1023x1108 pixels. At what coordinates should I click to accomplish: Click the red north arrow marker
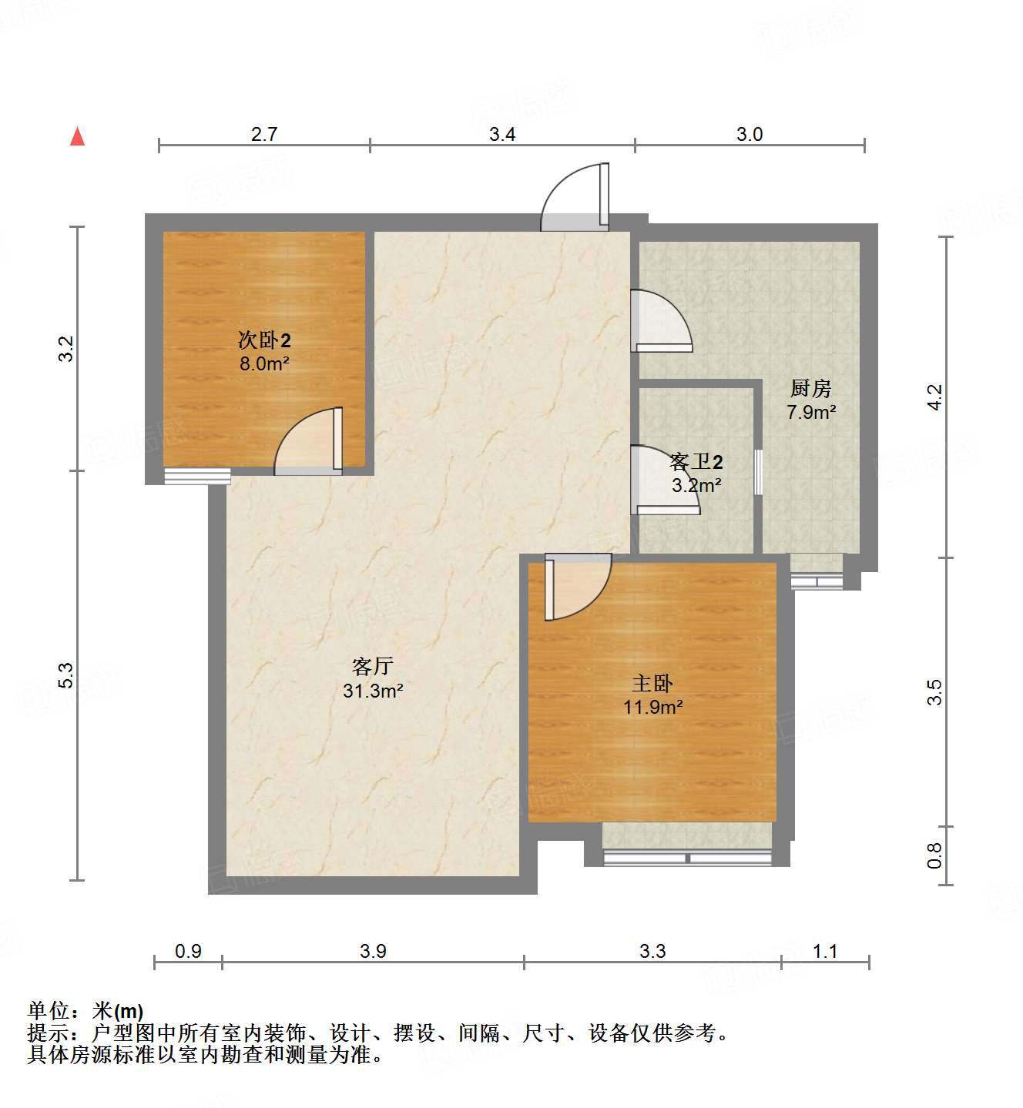pyautogui.click(x=77, y=136)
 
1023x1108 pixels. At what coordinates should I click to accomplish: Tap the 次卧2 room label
pyautogui.click(x=264, y=340)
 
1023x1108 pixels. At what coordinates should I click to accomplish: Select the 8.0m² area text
pyautogui.click(x=264, y=364)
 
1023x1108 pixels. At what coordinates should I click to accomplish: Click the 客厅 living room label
pyautogui.click(x=373, y=667)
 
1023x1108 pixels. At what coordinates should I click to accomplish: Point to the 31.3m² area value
pyautogui.click(x=373, y=691)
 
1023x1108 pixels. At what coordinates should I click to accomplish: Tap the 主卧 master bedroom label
pyautogui.click(x=652, y=683)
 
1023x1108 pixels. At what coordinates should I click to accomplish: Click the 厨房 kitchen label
pyautogui.click(x=811, y=388)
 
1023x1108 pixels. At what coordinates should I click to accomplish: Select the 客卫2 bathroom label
pyautogui.click(x=696, y=462)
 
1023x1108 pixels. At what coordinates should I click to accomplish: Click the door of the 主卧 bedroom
pyautogui.click(x=578, y=587)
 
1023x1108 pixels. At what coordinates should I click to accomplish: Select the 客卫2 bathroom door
pyautogui.click(x=663, y=480)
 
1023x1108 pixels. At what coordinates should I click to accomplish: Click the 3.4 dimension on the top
pyautogui.click(x=502, y=134)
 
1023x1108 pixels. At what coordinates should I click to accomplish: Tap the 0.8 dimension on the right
pyautogui.click(x=934, y=855)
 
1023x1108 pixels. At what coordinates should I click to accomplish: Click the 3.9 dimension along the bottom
pyautogui.click(x=373, y=951)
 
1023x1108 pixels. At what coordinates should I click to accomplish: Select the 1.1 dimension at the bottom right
pyautogui.click(x=825, y=951)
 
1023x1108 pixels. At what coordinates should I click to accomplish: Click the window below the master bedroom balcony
pyautogui.click(x=687, y=858)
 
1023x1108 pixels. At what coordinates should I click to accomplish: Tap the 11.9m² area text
pyautogui.click(x=652, y=707)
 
